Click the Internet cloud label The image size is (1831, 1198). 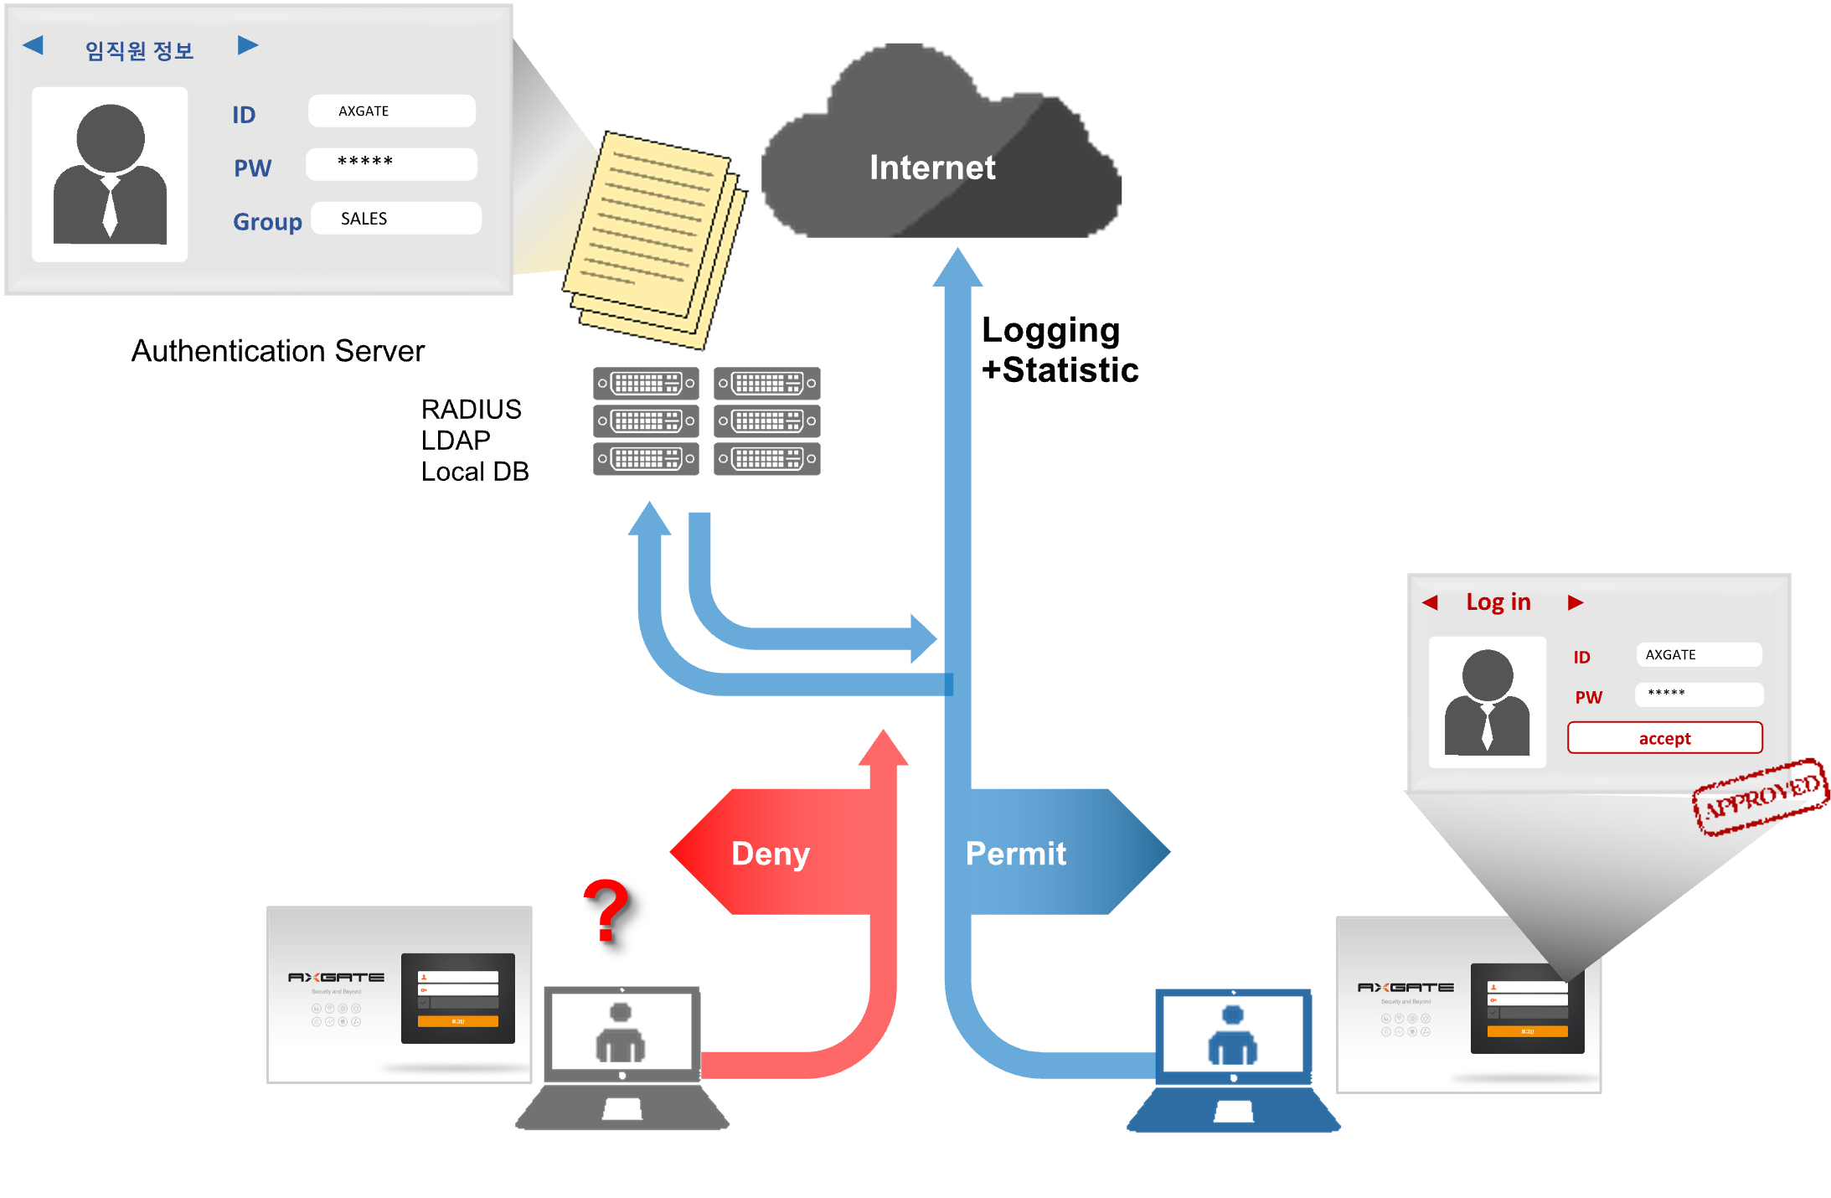[932, 168]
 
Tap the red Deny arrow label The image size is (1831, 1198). [771, 854]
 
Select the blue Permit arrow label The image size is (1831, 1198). [1017, 854]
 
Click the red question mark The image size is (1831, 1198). [606, 910]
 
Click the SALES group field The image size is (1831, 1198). [395, 219]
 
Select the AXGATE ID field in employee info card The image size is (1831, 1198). [391, 111]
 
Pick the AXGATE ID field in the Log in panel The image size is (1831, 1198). [1698, 654]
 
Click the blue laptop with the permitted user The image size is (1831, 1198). [1233, 1059]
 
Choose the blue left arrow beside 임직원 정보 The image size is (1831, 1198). [34, 45]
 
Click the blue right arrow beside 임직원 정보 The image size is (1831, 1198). [247, 45]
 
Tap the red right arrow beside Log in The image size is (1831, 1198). [1576, 602]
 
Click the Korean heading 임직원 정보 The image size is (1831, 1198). [139, 51]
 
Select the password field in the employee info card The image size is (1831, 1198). [391, 164]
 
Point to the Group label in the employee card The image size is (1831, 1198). [267, 222]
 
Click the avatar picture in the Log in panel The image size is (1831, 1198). [1487, 702]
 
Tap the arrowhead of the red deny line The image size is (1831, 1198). [883, 747]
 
